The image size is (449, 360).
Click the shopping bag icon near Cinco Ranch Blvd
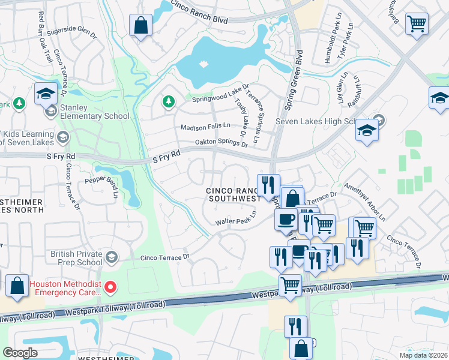click(140, 26)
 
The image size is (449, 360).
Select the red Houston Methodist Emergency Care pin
click(110, 287)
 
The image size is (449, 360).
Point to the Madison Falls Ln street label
click(206, 127)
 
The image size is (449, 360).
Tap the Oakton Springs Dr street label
click(221, 143)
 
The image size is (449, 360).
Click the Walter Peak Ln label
click(236, 218)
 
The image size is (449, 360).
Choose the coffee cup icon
click(286, 218)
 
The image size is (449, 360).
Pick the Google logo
click(20, 352)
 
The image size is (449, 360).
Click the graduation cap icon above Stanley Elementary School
click(46, 94)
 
